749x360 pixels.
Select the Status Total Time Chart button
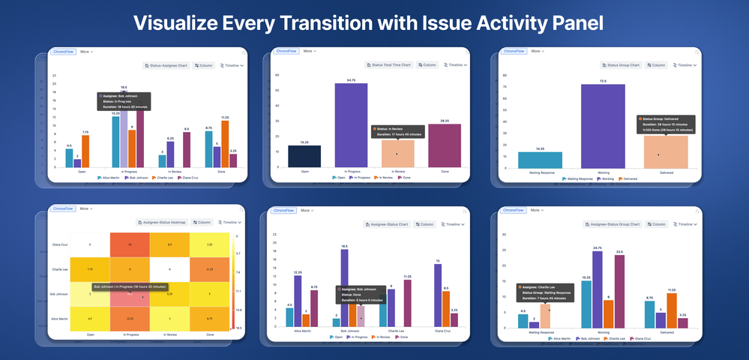(x=390, y=65)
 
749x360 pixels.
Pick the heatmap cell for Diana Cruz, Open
(x=90, y=244)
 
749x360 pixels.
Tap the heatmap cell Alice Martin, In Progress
(x=130, y=318)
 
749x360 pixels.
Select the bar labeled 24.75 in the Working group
(x=598, y=289)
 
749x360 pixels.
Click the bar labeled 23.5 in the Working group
(x=619, y=291)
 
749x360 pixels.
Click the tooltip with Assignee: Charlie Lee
(x=544, y=292)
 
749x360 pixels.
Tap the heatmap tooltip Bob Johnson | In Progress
(x=130, y=286)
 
